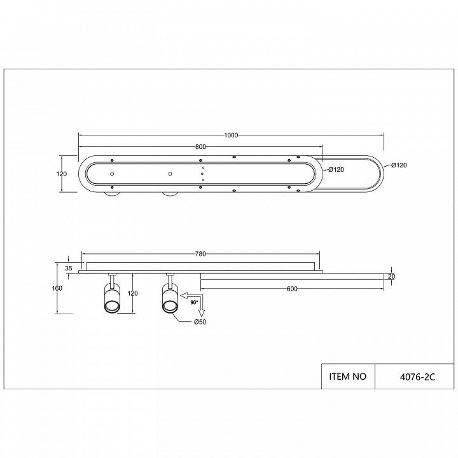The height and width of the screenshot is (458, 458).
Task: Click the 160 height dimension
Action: pyautogui.click(x=57, y=289)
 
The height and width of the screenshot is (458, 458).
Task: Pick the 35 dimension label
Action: pyautogui.click(x=69, y=268)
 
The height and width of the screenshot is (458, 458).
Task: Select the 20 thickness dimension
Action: pyautogui.click(x=391, y=276)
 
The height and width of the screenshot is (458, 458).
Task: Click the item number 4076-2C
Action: pyautogui.click(x=399, y=376)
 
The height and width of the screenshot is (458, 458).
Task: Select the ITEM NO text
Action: pyautogui.click(x=349, y=376)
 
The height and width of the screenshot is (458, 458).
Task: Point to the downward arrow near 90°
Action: pyautogui.click(x=202, y=311)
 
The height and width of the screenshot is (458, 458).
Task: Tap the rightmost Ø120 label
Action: pyautogui.click(x=398, y=165)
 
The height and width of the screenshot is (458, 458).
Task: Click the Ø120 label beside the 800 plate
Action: pyautogui.click(x=336, y=170)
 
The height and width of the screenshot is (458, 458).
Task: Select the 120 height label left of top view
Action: pyautogui.click(x=62, y=174)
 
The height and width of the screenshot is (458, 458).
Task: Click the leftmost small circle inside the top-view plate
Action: pyautogui.click(x=111, y=174)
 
